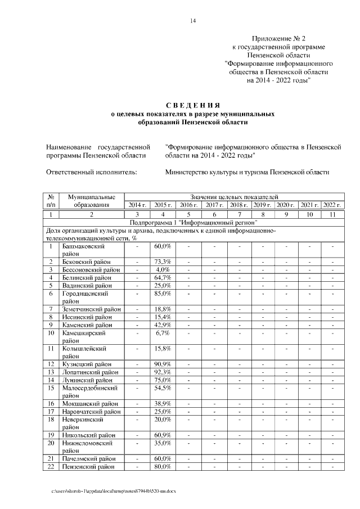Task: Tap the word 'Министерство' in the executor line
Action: coord(191,173)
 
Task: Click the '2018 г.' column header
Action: coord(239,205)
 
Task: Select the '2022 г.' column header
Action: coord(332,205)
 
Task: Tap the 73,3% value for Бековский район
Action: coord(163,262)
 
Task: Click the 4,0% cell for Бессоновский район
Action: coord(163,270)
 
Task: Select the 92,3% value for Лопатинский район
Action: coord(163,372)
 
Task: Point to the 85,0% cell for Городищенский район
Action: coord(163,294)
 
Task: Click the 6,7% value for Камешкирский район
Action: coord(163,333)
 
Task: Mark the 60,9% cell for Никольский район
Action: coord(163,435)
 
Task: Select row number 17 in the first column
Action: coord(51,412)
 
